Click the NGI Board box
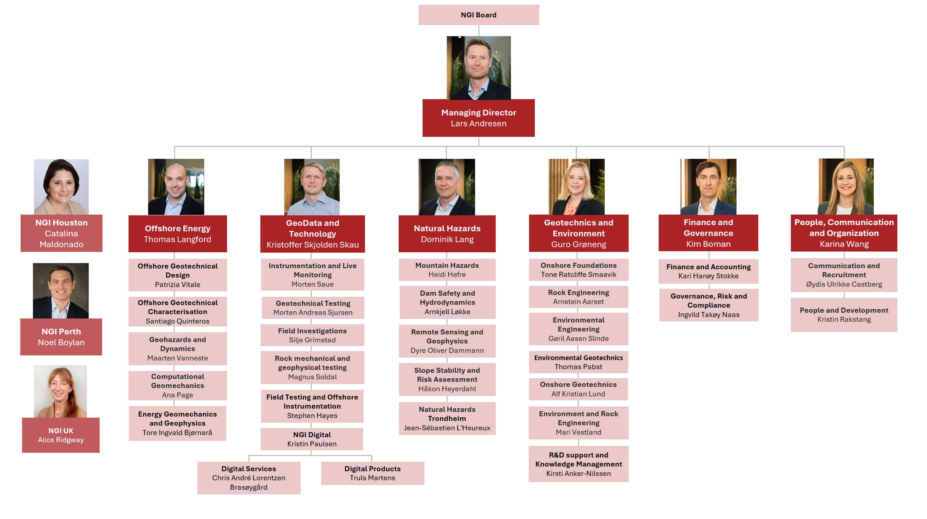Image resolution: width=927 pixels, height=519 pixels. click(x=478, y=15)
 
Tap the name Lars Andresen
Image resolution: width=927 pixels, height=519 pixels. click(x=478, y=123)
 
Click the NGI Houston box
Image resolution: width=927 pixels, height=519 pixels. click(x=61, y=233)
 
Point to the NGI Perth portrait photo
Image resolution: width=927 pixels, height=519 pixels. click(x=61, y=290)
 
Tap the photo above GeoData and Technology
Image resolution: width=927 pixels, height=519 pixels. click(x=312, y=187)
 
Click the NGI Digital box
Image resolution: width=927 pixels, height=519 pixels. click(x=312, y=439)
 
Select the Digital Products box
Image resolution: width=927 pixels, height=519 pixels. click(x=373, y=473)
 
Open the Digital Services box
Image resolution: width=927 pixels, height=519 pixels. click(x=249, y=478)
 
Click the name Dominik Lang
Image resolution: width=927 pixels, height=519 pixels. click(x=447, y=239)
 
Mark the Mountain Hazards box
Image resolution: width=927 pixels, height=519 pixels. click(x=447, y=269)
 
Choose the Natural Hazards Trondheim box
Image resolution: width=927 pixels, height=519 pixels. click(x=447, y=418)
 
